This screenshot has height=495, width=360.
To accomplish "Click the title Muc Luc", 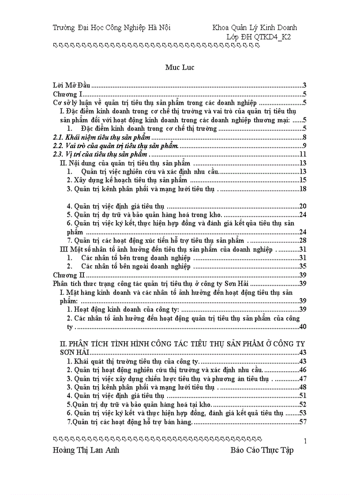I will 180,67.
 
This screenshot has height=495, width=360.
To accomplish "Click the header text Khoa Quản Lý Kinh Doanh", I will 255,28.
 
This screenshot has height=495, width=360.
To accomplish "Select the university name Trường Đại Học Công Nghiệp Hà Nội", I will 112,28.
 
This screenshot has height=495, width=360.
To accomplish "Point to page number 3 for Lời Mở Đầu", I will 304,86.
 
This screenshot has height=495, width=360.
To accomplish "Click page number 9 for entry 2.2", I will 304,146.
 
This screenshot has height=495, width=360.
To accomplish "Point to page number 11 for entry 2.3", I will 303,154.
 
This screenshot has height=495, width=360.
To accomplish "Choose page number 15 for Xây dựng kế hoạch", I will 303,180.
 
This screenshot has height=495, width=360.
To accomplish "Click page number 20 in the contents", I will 303,206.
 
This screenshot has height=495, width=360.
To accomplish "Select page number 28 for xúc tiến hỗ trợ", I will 303,240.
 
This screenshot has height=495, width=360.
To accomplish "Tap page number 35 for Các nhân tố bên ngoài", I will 303,266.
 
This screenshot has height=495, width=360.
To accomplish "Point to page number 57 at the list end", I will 303,422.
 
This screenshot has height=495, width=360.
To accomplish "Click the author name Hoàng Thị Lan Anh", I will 86,450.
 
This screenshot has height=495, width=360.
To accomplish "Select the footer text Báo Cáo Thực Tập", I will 262,450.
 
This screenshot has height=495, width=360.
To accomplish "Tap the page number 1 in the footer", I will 305,441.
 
